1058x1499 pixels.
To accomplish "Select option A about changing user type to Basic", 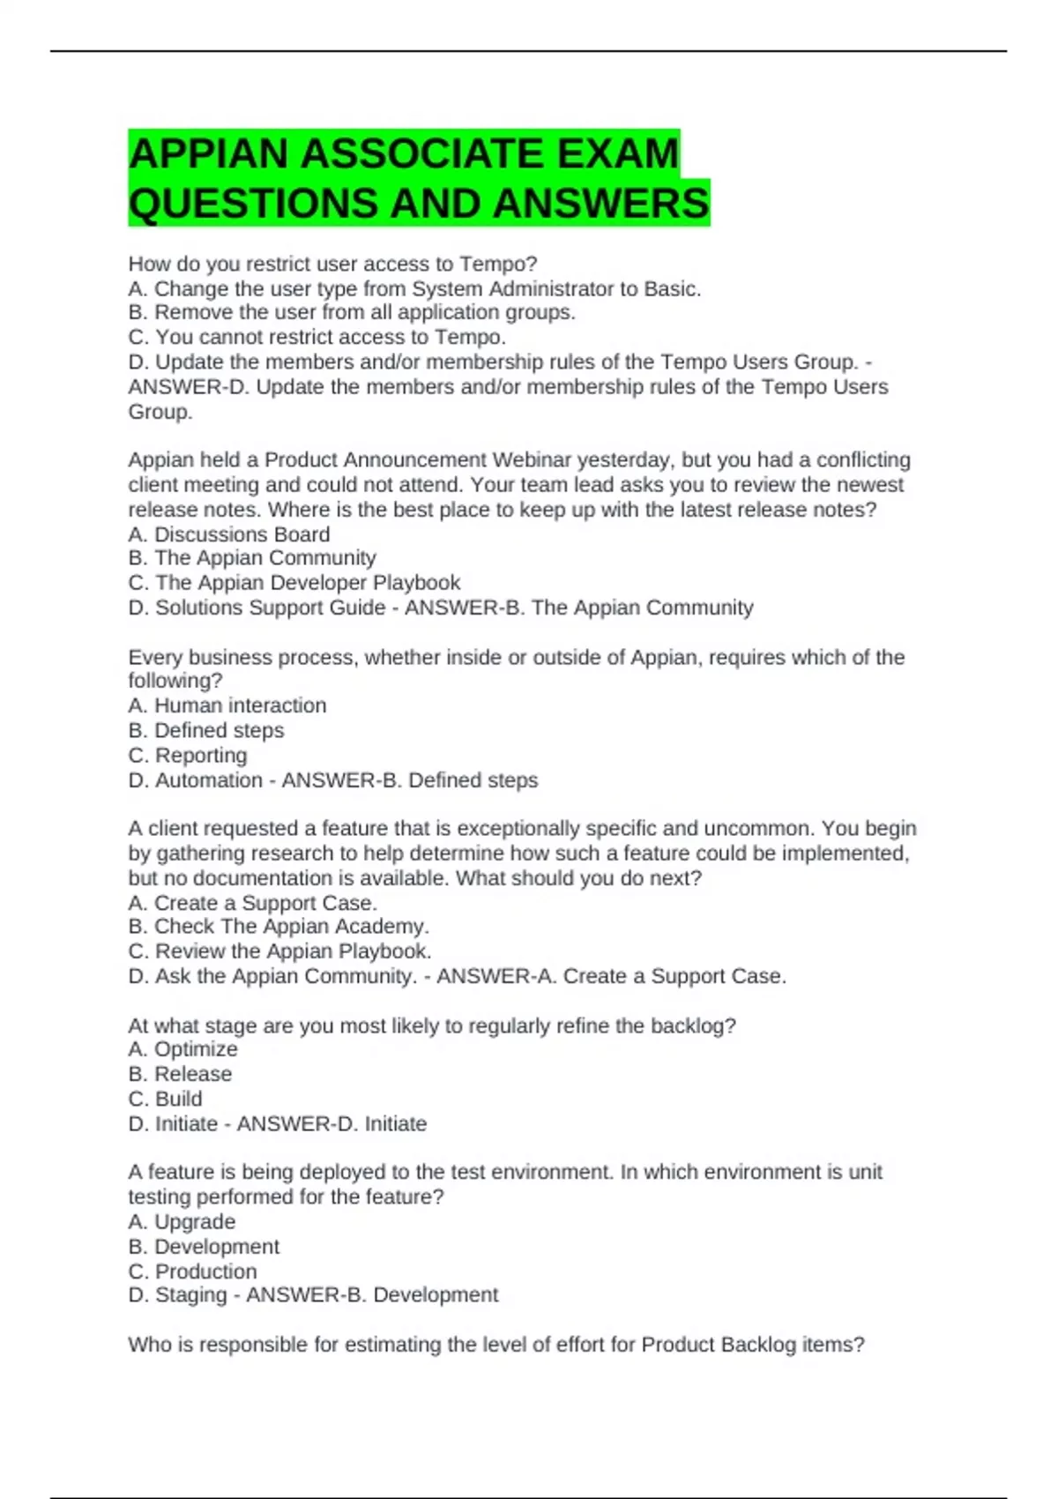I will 414,288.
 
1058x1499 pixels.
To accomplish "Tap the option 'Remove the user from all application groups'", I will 352,312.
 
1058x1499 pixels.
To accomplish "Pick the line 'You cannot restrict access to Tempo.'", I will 317,337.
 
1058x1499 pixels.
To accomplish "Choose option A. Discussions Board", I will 229,534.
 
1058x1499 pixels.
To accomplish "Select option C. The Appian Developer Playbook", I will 294,583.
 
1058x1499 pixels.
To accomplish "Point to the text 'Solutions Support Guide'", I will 270,608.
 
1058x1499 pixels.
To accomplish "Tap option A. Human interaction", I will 227,705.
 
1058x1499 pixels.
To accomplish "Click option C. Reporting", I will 188,755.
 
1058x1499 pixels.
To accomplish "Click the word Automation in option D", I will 209,780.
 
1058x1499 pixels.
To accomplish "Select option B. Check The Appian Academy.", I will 279,926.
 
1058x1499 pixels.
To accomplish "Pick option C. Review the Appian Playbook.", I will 279,951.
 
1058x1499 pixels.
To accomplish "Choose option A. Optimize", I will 183,1049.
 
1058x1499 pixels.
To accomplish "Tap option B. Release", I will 180,1074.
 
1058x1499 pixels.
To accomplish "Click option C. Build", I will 166,1099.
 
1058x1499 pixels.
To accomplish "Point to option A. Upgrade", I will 182,1222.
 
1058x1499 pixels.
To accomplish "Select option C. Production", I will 193,1272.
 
